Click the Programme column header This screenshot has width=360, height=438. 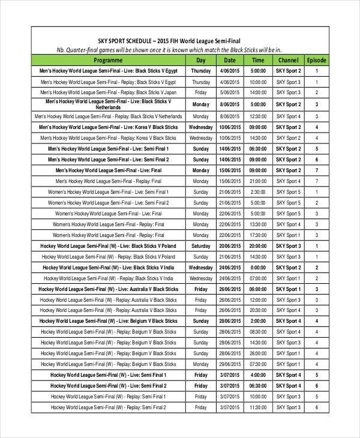coord(108,60)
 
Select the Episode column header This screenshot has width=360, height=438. coord(316,60)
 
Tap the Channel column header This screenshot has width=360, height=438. coord(288,60)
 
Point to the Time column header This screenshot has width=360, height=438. coord(258,60)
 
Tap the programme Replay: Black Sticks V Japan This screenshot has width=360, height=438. coord(108,93)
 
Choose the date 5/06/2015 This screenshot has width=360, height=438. coord(230,93)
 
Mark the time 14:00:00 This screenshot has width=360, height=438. coord(258,93)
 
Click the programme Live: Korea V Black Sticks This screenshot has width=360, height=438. coord(108,127)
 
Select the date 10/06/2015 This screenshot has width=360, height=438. coord(230,127)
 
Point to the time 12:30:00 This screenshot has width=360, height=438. coord(258,116)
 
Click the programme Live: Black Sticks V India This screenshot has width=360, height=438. coord(108,268)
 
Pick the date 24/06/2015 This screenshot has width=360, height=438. coord(230,268)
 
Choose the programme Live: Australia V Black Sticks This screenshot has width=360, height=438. coord(108,289)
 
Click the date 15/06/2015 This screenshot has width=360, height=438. coord(230,170)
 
